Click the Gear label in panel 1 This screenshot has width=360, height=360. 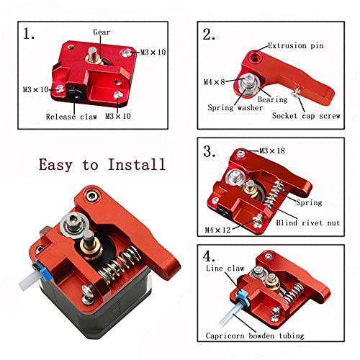point(102,32)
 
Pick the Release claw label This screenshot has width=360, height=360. point(69,115)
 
